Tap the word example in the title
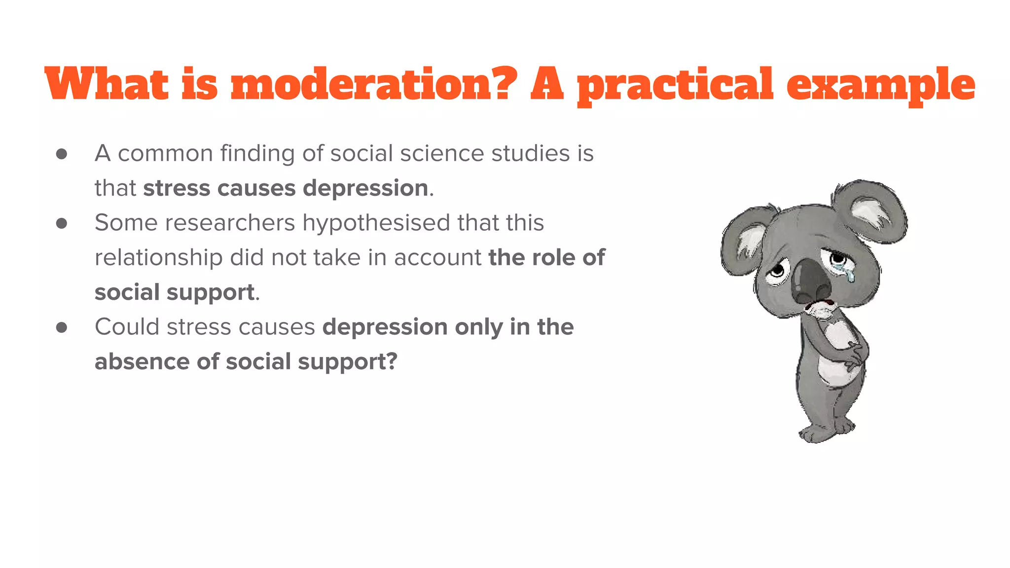tap(881, 85)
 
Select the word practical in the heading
tap(675, 85)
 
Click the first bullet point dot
tap(62, 154)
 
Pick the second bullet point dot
tap(62, 223)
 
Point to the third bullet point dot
tap(62, 327)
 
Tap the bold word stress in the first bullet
tap(177, 188)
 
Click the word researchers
tap(229, 223)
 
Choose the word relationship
tap(158, 258)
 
